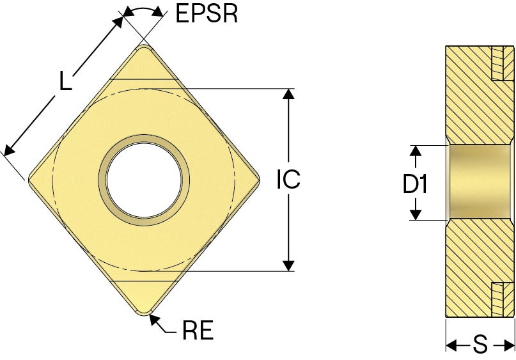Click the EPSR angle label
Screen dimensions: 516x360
[x=207, y=13]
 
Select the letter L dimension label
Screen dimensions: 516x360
[x=65, y=81]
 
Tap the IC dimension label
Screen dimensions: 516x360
[x=288, y=179]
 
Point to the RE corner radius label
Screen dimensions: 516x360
[x=198, y=330]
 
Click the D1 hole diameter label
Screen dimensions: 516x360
[x=415, y=184]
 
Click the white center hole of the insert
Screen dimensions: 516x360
[x=144, y=180]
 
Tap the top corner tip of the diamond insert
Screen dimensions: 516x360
[x=144, y=45]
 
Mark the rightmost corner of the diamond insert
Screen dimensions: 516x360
[x=260, y=180]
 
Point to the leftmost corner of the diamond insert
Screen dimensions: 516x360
[x=28, y=180]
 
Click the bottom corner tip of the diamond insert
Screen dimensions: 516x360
[x=144, y=316]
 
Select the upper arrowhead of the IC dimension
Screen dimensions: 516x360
[x=288, y=94]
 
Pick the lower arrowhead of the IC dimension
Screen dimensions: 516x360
[x=288, y=265]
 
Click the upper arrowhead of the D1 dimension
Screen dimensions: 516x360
[x=416, y=150]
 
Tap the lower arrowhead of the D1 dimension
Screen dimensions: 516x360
[x=416, y=214]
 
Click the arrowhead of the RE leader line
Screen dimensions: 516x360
[x=154, y=320]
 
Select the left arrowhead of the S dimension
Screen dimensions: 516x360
[x=451, y=345]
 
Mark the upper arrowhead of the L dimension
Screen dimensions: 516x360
[x=118, y=21]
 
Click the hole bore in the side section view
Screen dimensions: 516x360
[x=479, y=182]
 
